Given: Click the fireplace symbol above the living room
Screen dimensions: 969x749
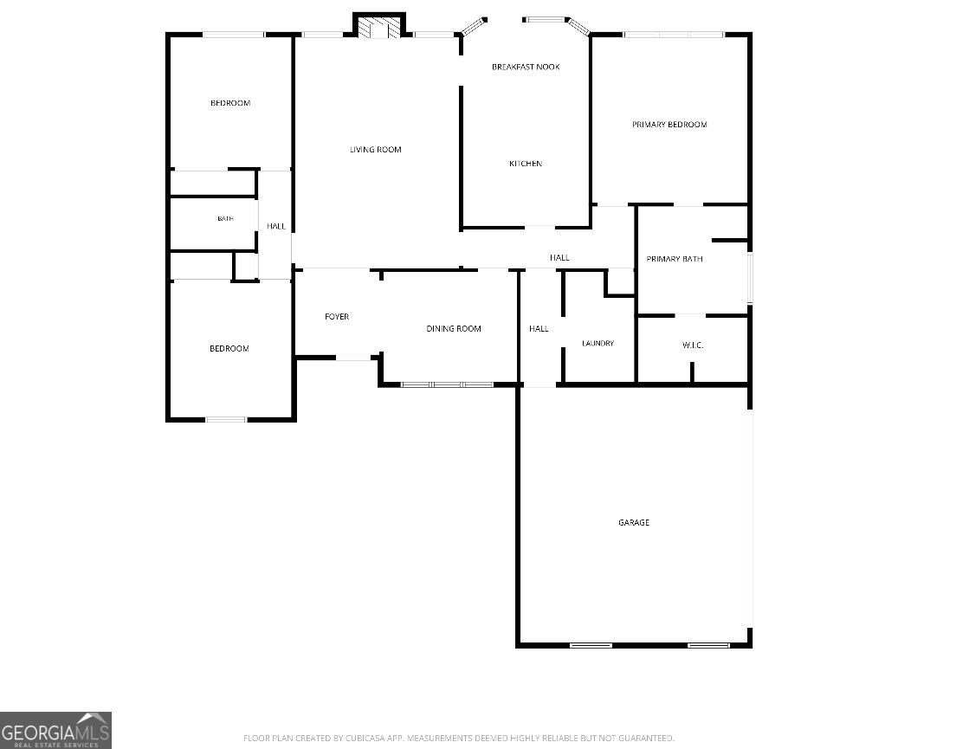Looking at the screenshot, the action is pyautogui.click(x=379, y=27).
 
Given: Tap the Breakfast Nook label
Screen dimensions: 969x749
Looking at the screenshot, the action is pyautogui.click(x=526, y=67).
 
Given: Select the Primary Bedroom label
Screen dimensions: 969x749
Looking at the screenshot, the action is pyautogui.click(x=669, y=124).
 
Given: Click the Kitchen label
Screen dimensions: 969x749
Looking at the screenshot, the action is pyautogui.click(x=526, y=163).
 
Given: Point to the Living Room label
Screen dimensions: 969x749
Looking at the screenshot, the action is pyautogui.click(x=376, y=149).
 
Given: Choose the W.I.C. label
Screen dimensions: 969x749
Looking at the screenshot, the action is pyautogui.click(x=693, y=345).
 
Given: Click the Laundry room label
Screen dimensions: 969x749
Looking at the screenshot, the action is pyautogui.click(x=598, y=343).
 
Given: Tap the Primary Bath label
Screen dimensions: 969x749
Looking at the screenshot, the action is pyautogui.click(x=675, y=258).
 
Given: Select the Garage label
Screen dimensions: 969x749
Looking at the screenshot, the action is pyautogui.click(x=633, y=522).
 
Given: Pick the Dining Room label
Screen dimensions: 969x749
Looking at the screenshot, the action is pyautogui.click(x=454, y=328).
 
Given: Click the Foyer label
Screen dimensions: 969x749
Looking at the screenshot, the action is pyautogui.click(x=337, y=316).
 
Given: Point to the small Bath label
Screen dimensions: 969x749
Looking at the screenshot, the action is pyautogui.click(x=225, y=219).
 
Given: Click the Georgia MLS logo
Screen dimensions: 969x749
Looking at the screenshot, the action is pyautogui.click(x=55, y=731).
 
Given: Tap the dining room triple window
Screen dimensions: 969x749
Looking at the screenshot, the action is pyautogui.click(x=447, y=384).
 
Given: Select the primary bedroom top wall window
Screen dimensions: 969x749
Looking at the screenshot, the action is pyautogui.click(x=673, y=35).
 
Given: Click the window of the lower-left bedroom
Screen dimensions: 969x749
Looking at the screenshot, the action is pyautogui.click(x=225, y=420).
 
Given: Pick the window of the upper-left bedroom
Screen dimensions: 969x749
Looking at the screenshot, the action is pyautogui.click(x=234, y=35).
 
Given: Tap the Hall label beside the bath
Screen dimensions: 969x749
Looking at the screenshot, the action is pyautogui.click(x=276, y=226).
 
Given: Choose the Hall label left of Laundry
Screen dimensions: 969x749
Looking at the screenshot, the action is pyautogui.click(x=539, y=328).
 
